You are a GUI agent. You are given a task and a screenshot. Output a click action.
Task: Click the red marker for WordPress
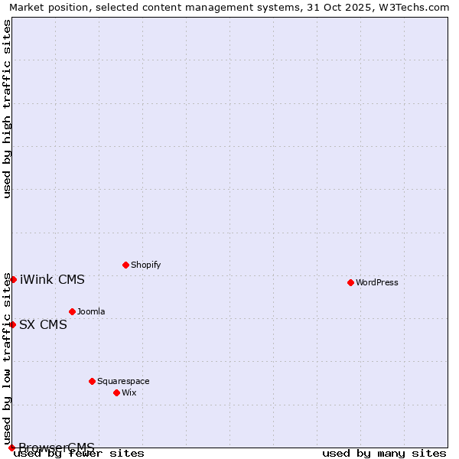pos(350,282)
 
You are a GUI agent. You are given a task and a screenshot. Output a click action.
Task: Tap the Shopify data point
pos(125,265)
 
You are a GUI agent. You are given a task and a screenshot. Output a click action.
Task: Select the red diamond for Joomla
pos(72,311)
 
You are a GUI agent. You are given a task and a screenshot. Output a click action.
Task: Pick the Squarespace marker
pos(92,381)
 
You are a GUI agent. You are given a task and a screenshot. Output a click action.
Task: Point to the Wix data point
pos(116,392)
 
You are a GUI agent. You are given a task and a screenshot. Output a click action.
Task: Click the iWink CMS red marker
pos(13,279)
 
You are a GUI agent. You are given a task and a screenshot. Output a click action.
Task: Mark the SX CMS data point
pos(12,324)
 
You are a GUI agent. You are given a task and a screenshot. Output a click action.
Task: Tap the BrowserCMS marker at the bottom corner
pos(11,448)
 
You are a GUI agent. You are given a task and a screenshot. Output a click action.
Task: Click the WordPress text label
pos(377,282)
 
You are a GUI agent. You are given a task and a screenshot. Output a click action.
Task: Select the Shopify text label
pos(145,265)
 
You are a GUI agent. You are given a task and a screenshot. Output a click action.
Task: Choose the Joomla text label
pos(91,311)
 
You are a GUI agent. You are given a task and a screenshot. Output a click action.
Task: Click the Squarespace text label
pos(123,381)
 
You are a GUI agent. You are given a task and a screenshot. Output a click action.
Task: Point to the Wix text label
pos(129,392)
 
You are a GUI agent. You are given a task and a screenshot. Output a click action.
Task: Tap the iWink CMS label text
pos(52,279)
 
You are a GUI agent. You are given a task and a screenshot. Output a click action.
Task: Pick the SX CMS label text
pos(43,324)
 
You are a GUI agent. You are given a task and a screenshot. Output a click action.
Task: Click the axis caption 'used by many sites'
pos(384,454)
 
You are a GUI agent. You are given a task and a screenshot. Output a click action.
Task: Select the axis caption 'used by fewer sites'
pos(80,454)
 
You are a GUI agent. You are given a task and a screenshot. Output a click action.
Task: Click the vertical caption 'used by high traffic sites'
pos(8,109)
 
